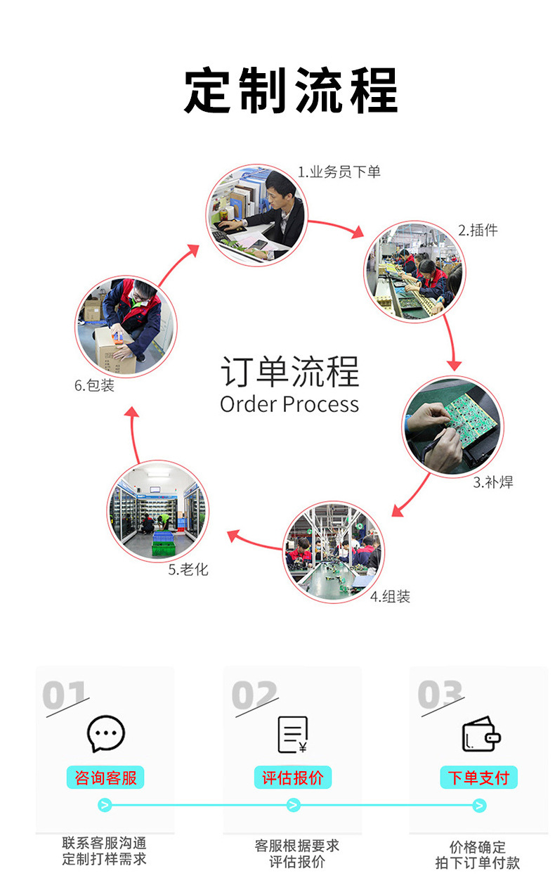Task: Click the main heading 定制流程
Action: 291,90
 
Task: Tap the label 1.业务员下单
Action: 339,172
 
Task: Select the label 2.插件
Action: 478,230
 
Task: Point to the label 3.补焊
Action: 493,482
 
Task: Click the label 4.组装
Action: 390,596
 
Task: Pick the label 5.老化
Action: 188,569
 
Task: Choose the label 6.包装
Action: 94,385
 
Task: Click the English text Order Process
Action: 289,404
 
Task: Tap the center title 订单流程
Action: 290,372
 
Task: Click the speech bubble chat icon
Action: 105,734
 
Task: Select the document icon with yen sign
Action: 293,735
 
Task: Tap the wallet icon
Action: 481,734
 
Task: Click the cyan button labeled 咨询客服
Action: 105,778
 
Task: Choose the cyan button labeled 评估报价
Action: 293,778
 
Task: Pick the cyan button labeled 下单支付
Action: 479,778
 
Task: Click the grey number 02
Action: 254,695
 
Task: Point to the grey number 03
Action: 440,694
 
